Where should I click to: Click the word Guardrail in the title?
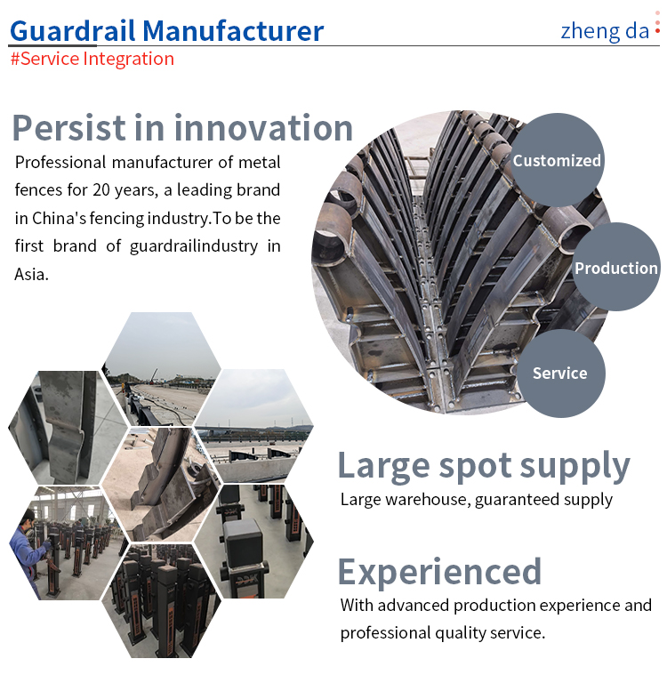[72, 31]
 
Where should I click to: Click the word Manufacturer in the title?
[233, 31]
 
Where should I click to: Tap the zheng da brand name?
[605, 31]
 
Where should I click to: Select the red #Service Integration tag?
[92, 59]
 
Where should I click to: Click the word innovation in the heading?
[263, 128]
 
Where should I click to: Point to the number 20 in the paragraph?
[101, 189]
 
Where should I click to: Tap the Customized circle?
[557, 160]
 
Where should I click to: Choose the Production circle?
[615, 267]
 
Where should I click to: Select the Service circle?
[559, 374]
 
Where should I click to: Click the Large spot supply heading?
[484, 466]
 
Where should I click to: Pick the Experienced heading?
[439, 572]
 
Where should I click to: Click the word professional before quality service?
[385, 633]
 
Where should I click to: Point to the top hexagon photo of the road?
[162, 369]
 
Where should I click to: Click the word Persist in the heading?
[68, 128]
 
